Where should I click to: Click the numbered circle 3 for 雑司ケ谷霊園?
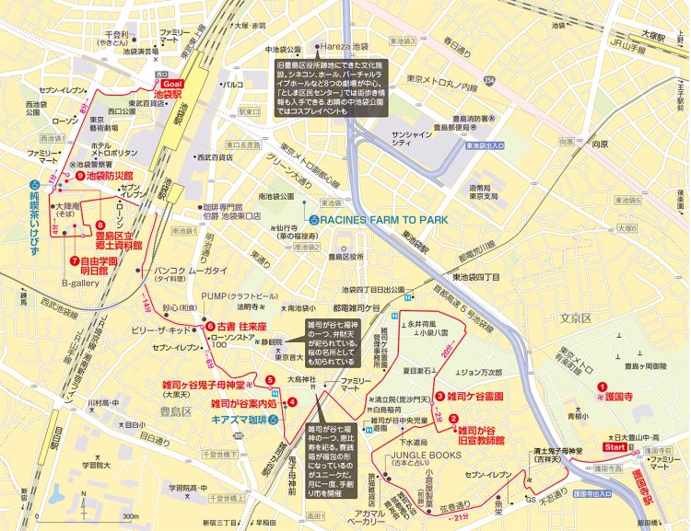pos(440,397)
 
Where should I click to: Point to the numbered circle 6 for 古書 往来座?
pos(210,327)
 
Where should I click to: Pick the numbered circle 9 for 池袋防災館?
pos(81,176)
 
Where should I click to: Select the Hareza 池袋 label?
pos(348,47)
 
